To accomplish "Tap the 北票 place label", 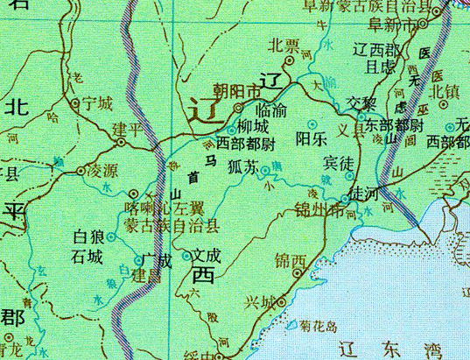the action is click(x=285, y=46).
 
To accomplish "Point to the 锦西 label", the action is click(x=291, y=261).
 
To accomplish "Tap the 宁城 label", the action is click(x=96, y=103).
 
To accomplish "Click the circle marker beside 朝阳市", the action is click(x=237, y=108).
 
